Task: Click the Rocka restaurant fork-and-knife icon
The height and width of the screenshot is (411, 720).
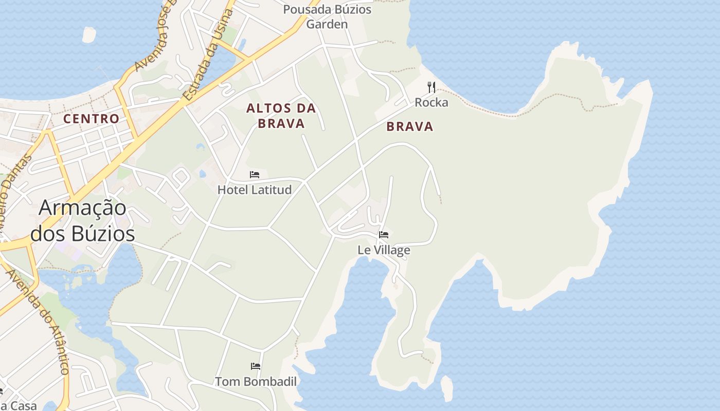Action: click(431, 87)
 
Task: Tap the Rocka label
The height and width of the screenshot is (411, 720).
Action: click(431, 103)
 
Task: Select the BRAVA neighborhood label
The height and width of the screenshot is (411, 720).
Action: click(410, 126)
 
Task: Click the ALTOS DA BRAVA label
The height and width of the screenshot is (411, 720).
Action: click(281, 116)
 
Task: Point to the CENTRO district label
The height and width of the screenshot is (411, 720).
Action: click(91, 119)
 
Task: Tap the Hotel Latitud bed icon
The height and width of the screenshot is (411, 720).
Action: click(255, 175)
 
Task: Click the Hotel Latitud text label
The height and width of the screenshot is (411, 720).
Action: click(255, 190)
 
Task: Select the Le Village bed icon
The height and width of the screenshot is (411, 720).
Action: click(384, 235)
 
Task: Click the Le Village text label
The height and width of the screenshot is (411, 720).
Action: click(384, 250)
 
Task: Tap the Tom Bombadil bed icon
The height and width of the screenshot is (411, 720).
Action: click(256, 366)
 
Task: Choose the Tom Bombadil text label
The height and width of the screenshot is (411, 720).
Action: click(256, 382)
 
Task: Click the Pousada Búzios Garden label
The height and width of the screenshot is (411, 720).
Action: click(327, 16)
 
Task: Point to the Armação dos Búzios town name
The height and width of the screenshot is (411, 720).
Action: click(82, 220)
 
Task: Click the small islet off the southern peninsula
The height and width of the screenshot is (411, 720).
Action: click(447, 388)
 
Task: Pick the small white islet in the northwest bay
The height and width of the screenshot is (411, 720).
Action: click(89, 34)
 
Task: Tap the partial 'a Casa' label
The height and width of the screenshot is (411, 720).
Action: click(18, 405)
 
